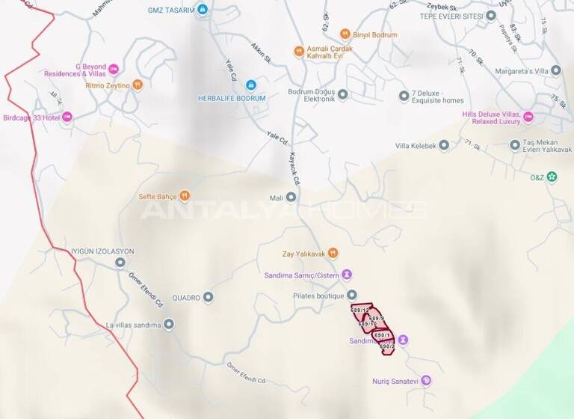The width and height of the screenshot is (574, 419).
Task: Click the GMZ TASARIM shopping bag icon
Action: [x=202, y=10]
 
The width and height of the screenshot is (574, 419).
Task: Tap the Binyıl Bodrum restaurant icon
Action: [x=345, y=34]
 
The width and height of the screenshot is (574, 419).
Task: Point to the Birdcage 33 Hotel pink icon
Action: [x=67, y=117]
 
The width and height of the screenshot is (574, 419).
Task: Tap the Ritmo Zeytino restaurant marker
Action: [x=137, y=85]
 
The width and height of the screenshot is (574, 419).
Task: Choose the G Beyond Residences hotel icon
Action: [x=114, y=70]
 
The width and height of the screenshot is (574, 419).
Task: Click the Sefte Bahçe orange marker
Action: [x=185, y=196]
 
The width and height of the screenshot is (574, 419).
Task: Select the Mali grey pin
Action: [x=291, y=198]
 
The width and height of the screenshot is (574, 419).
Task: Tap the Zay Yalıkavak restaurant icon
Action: [x=333, y=253]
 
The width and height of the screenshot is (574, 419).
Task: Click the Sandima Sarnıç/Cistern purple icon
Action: [x=347, y=275]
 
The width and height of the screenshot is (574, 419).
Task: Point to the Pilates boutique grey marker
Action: [x=352, y=296]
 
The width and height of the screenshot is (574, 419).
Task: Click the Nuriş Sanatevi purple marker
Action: [x=426, y=381]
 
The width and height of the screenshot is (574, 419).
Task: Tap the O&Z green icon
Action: [x=552, y=177]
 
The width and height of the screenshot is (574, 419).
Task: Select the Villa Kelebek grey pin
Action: [x=443, y=145]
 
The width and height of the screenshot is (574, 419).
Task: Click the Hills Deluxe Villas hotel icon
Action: [x=528, y=117]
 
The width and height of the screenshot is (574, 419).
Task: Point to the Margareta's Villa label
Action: [x=528, y=71]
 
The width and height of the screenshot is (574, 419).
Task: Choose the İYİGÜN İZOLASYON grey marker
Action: [x=120, y=263]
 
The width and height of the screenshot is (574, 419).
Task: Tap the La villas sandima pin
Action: [x=169, y=325]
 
